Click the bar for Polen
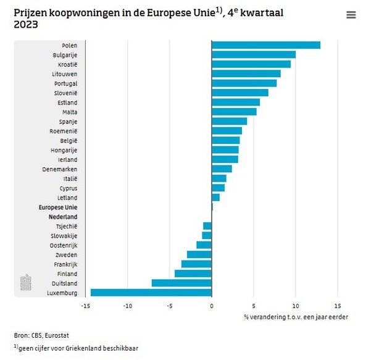pyautogui.click(x=265, y=45)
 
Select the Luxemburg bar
pyautogui.click(x=151, y=293)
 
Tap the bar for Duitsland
pyautogui.click(x=181, y=283)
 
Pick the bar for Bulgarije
pyautogui.click(x=253, y=54)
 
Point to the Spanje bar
pyautogui.click(x=229, y=121)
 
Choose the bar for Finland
pyautogui.click(x=193, y=274)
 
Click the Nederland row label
pyautogui.click(x=63, y=217)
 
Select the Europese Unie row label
pyautogui.click(x=58, y=207)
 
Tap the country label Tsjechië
pyautogui.click(x=66, y=226)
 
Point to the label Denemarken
pyautogui.click(x=60, y=169)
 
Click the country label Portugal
pyautogui.click(x=65, y=83)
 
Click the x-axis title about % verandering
pyautogui.click(x=295, y=317)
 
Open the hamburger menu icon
pyautogui.click(x=351, y=15)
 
